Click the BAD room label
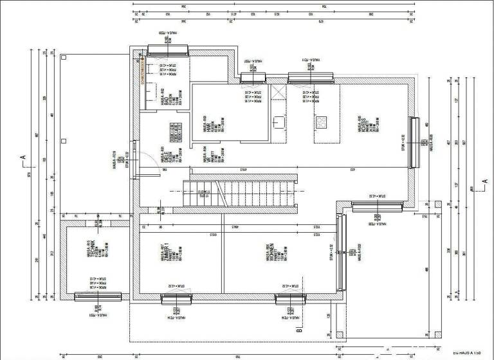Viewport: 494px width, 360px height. pos(165,98)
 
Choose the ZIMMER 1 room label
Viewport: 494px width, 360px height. pos(167,255)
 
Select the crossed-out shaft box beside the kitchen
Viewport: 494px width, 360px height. pos(277,93)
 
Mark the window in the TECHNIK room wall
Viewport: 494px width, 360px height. pos(98,296)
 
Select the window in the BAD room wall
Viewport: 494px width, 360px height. pos(167,48)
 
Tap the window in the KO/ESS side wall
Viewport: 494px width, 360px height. pos(414,134)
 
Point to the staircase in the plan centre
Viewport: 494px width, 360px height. pos(241,190)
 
